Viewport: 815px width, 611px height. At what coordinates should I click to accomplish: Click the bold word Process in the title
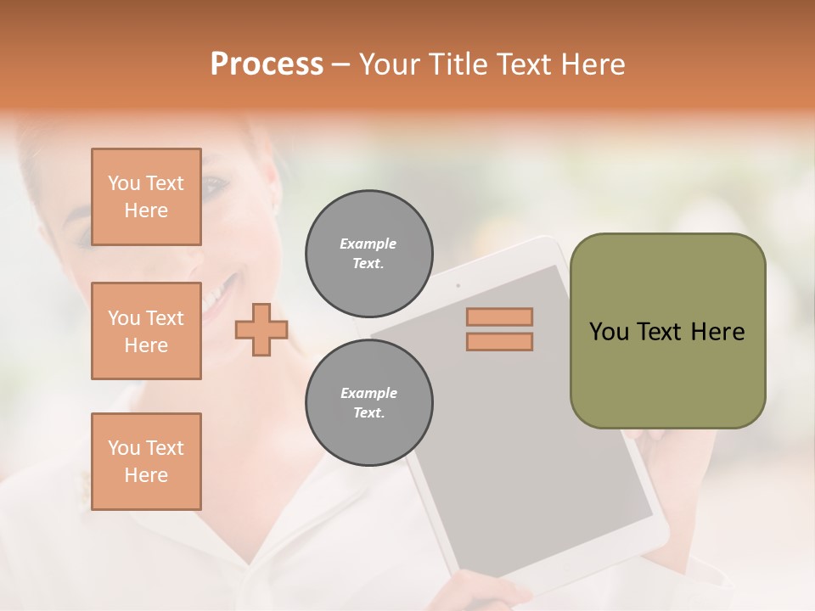point(267,64)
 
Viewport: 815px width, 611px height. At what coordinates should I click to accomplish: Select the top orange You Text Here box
point(146,197)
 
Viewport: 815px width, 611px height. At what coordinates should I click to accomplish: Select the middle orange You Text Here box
point(146,331)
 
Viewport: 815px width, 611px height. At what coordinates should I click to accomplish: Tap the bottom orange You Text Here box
point(146,462)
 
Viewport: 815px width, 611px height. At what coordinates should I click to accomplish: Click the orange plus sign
point(261,330)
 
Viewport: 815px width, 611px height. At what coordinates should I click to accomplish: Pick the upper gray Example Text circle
point(369,254)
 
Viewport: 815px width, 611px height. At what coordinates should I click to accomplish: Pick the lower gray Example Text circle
point(369,403)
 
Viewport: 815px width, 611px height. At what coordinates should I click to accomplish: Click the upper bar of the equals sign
point(499,317)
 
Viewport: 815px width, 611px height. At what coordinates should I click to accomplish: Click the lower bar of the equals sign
point(499,341)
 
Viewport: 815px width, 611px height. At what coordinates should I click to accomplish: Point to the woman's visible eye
point(214,184)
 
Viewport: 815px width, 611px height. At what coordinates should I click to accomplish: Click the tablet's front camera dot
point(458,285)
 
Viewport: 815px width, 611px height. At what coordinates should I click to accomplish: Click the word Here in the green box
point(717,332)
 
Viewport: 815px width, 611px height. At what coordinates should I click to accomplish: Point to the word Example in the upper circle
point(368,244)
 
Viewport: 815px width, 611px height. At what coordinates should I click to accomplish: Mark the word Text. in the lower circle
point(368,413)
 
